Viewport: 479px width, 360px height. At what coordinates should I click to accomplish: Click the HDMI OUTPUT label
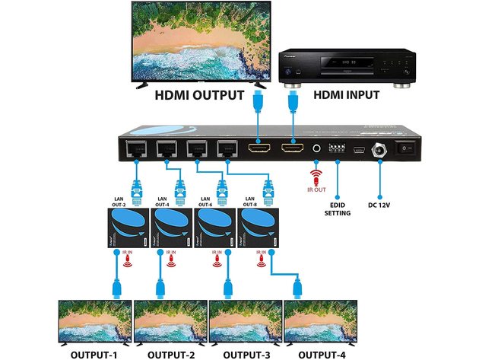click(x=199, y=97)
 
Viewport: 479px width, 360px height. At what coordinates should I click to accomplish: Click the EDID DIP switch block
click(x=337, y=148)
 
